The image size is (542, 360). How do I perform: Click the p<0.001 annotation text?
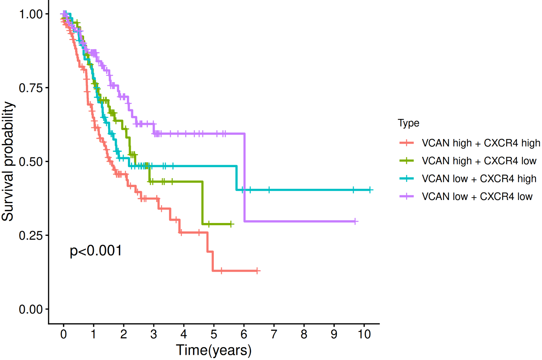pos(96,251)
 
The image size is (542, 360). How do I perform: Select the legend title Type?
pos(408,123)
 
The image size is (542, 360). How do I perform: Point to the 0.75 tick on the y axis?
pos(31,88)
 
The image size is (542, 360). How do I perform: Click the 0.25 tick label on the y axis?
pos(31,235)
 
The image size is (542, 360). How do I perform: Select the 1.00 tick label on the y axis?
pos(31,14)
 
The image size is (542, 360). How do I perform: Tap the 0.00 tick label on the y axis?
pos(31,309)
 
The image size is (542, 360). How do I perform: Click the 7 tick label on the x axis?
pos(274,334)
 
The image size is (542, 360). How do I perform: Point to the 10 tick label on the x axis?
pos(364,334)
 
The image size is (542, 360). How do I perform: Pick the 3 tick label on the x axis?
pos(154,334)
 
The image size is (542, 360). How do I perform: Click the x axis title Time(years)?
pos(213,350)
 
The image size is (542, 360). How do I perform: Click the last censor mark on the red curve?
pos(257,271)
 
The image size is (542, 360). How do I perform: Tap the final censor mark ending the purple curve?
pos(355,221)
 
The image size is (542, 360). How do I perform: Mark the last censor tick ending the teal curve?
pos(370,190)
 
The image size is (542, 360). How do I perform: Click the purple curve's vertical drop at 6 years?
pos(244,177)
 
